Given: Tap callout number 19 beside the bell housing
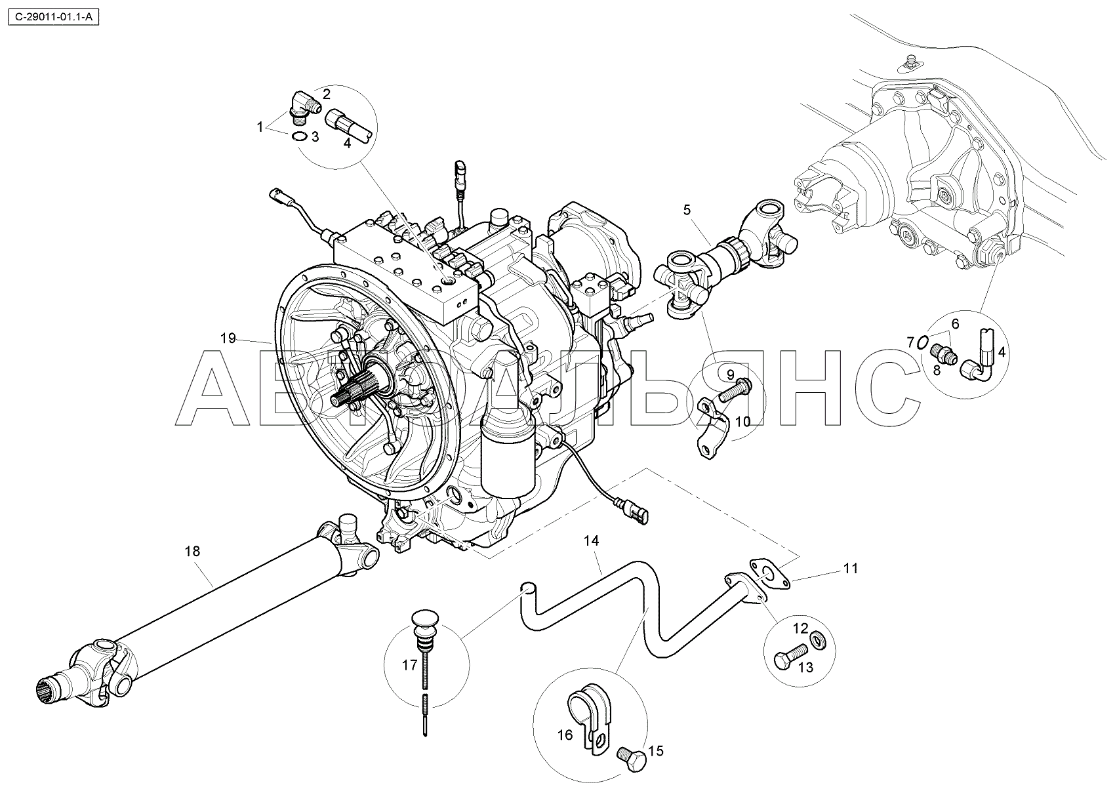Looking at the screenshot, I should tap(228, 338).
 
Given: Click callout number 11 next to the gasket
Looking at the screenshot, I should tap(850, 569).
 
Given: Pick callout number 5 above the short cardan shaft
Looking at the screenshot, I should tap(687, 210).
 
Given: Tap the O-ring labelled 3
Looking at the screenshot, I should tap(298, 136).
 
